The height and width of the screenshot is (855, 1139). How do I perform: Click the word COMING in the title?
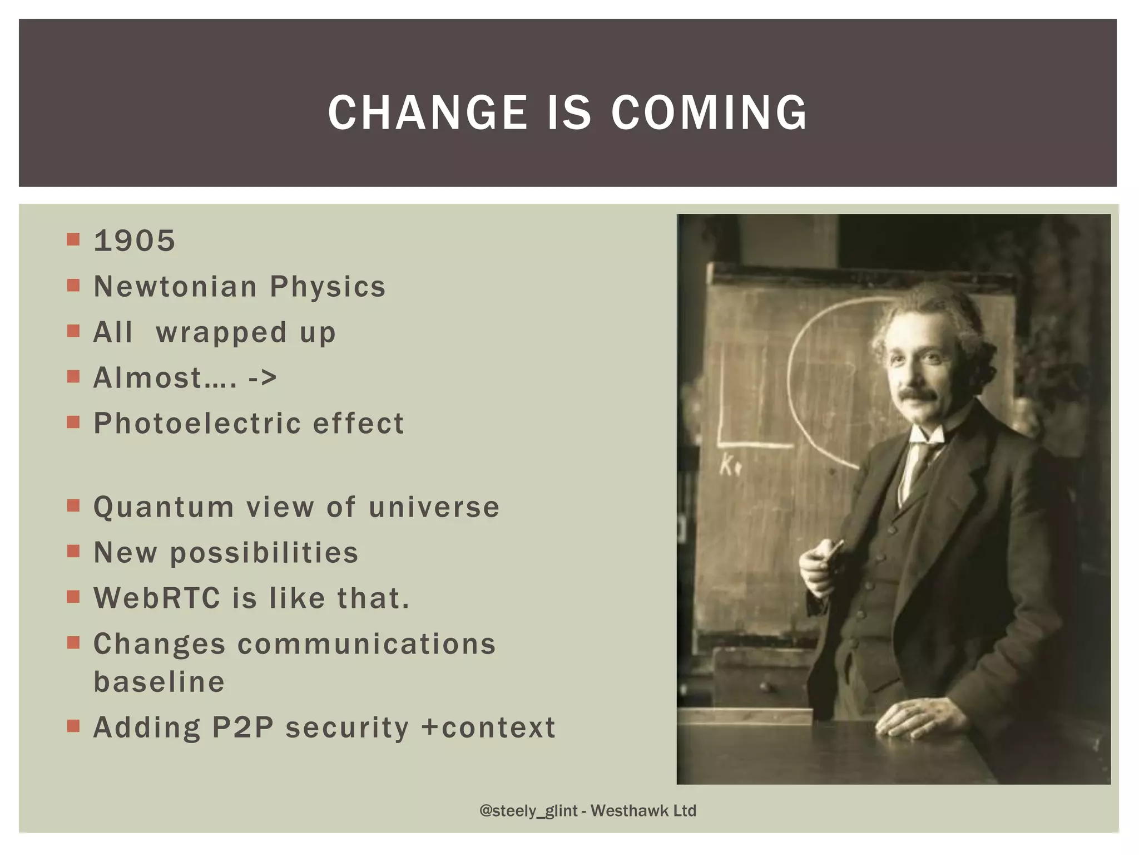pyautogui.click(x=709, y=112)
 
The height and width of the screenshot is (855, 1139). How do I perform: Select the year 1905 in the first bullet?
pyautogui.click(x=135, y=241)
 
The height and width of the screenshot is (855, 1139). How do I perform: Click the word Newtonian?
pyautogui.click(x=175, y=287)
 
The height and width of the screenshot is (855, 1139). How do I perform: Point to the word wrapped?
pyautogui.click(x=221, y=333)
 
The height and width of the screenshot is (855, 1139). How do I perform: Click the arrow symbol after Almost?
pyautogui.click(x=262, y=379)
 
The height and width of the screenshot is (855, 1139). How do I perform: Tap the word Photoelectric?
pyautogui.click(x=197, y=424)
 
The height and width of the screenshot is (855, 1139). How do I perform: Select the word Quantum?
pyautogui.click(x=164, y=508)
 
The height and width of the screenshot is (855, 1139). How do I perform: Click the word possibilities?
pyautogui.click(x=264, y=553)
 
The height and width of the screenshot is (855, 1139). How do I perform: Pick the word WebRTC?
pyautogui.click(x=157, y=598)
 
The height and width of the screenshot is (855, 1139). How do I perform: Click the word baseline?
pyautogui.click(x=159, y=682)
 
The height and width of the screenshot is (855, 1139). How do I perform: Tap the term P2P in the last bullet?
pyautogui.click(x=242, y=728)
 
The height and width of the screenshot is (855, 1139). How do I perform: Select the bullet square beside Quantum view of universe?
pyautogui.click(x=73, y=505)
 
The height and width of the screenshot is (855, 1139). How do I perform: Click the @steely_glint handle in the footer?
pyautogui.click(x=528, y=810)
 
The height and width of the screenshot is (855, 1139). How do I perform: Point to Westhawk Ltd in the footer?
pyautogui.click(x=643, y=810)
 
